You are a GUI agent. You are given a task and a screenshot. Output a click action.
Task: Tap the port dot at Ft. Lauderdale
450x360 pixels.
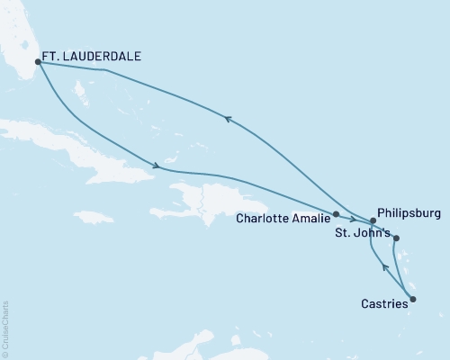[38, 62]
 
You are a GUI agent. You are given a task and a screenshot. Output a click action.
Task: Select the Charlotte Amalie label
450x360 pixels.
[283, 217]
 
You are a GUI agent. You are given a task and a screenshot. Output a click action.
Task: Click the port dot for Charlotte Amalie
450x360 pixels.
[336, 214]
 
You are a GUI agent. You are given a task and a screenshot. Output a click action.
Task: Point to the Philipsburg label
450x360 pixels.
[409, 214]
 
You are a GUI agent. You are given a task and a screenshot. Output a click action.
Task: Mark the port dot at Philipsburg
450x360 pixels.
[373, 220]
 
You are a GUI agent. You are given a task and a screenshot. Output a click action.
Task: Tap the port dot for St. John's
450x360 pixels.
[397, 238]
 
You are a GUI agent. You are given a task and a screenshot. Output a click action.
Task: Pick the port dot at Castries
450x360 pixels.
[413, 299]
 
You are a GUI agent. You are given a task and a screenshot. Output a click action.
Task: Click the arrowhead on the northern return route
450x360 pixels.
[227, 117]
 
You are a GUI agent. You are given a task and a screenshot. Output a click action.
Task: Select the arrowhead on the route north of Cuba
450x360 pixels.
[157, 166]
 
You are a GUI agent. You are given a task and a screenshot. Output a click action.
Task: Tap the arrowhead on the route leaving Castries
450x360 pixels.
[385, 266]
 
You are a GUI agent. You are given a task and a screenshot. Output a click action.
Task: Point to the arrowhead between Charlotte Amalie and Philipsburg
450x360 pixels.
[353, 219]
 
